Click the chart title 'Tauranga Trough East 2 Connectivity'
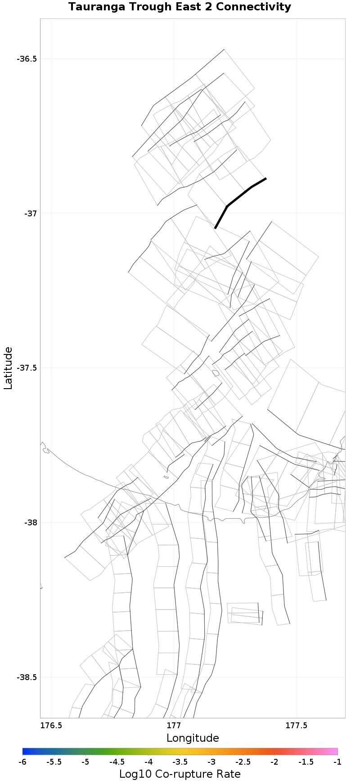[180, 7]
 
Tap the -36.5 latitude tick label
[27, 59]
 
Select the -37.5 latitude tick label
[27, 368]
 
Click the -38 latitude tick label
[30, 523]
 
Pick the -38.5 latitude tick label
[27, 677]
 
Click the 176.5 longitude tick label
[51, 726]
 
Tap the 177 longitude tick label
[174, 726]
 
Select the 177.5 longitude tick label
[297, 726]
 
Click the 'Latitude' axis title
[8, 368]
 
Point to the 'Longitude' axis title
[193, 738]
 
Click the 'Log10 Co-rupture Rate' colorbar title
[180, 774]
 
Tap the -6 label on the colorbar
[22, 762]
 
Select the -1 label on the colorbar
[337, 762]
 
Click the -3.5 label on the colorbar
[180, 762]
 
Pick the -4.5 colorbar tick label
[117, 762]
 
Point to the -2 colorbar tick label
[274, 762]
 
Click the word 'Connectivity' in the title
[256, 7]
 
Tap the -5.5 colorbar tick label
[54, 762]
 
